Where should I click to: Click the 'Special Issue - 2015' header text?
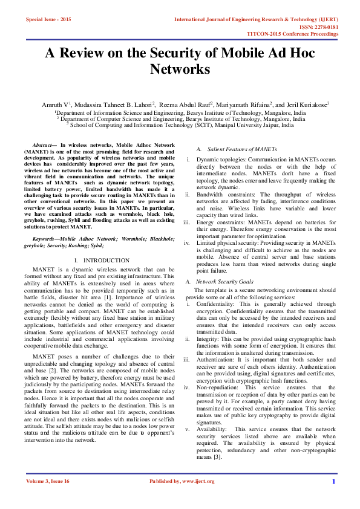coord(48,20)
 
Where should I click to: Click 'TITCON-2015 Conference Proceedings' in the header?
coord(301,34)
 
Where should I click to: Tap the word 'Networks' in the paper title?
coord(180,70)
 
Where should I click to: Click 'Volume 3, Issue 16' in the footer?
coord(48,498)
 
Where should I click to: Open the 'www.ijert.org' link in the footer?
coord(197,498)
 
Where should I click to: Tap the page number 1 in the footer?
coord(333,498)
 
